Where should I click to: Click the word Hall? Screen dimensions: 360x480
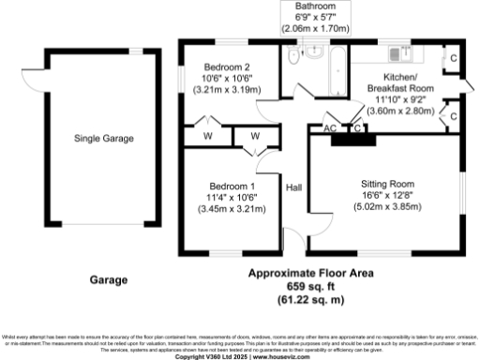(x=294, y=187)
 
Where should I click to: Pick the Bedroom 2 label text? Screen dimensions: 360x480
(x=228, y=67)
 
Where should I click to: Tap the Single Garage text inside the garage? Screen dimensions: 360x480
(x=104, y=139)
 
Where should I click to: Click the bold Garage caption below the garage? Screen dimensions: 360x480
(x=109, y=279)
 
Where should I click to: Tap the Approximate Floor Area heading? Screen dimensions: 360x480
(x=310, y=273)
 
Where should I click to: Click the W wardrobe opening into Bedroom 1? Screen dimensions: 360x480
(x=253, y=137)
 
